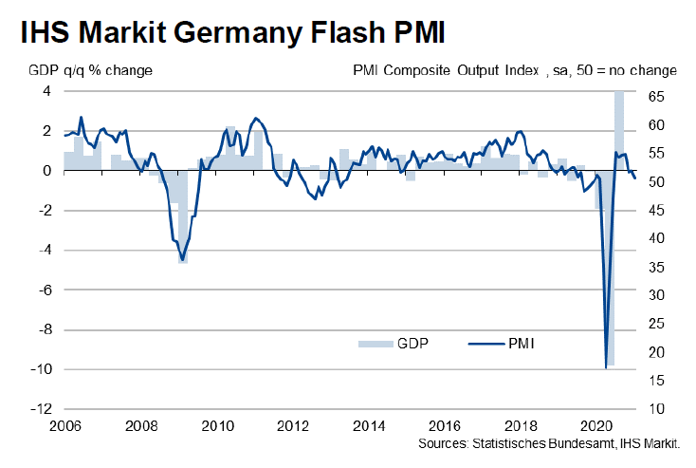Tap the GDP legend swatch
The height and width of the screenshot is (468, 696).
(x=375, y=343)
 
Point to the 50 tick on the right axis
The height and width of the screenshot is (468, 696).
(x=655, y=182)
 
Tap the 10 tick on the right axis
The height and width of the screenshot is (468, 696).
(x=655, y=409)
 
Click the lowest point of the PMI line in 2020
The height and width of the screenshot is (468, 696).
(x=605, y=366)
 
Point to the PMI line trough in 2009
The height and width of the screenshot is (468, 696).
(x=182, y=259)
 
